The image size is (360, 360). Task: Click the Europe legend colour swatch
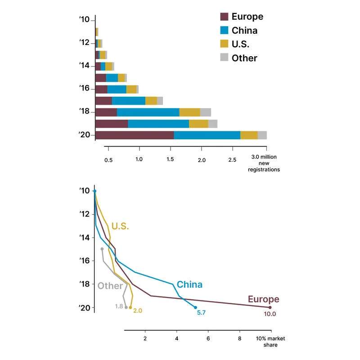tap(224, 17)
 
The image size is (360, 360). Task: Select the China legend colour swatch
tap(224, 30)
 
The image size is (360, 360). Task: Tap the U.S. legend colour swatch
tap(224, 44)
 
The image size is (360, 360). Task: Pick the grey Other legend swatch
tap(224, 57)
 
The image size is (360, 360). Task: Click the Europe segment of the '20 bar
tap(135, 135)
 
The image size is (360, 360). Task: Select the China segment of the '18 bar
tap(148, 112)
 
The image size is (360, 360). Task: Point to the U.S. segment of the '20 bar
tap(249, 135)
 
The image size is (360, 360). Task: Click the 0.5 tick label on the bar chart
tap(108, 160)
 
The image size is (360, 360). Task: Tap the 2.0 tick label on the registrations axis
tap(202, 160)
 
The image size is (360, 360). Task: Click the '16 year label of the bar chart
tap(85, 88)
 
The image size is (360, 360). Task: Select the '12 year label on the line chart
tap(85, 214)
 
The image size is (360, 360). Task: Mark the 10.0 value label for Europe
tap(270, 314)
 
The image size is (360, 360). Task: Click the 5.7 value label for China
tap(201, 312)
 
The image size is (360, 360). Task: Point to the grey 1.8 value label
tap(119, 306)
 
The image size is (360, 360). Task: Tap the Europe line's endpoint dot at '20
tap(270, 307)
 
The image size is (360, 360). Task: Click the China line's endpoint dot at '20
tap(195, 307)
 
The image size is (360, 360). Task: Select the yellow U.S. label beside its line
tap(120, 226)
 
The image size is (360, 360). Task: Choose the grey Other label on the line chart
tap(110, 286)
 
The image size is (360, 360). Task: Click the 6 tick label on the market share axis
tap(208, 338)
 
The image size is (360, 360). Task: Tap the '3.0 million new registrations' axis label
tap(264, 163)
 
